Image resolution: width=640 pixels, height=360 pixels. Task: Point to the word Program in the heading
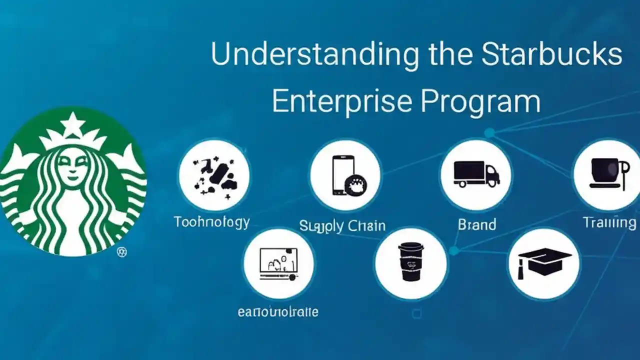pos(480,101)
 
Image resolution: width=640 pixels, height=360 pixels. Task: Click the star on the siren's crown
pos(73,123)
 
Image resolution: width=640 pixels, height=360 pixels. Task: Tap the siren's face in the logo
pos(73,165)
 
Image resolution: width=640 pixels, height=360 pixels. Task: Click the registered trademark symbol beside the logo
pos(121,252)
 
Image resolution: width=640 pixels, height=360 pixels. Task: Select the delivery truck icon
pos(476,174)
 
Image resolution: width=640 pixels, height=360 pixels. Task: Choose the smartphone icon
pos(344,175)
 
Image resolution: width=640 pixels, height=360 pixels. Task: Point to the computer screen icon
pos(278,263)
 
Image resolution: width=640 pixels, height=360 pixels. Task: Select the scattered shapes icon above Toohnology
pos(214,174)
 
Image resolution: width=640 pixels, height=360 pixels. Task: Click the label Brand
pos(476,224)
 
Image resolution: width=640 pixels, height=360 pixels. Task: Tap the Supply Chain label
pos(342,225)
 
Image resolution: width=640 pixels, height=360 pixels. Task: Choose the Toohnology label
pos(211,222)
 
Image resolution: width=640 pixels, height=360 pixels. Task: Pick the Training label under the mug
pos(609,222)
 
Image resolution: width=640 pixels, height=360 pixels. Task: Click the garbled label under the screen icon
pos(278,312)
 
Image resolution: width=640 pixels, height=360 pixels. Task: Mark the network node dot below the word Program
pos(489,132)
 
